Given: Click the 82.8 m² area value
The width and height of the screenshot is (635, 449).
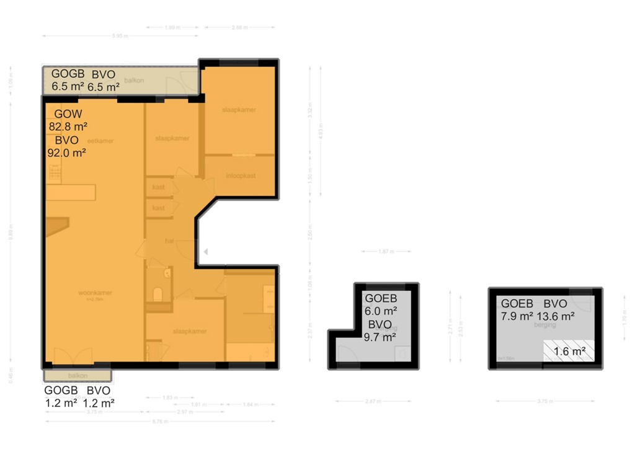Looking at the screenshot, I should click(67, 127).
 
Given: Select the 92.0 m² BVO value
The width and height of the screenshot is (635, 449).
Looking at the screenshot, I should click(67, 152).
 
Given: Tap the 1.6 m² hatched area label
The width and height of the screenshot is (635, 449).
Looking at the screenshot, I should click(569, 352).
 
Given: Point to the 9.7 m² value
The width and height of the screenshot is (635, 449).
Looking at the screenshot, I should click(381, 337).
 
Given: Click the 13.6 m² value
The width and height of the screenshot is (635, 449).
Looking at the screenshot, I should click(557, 316).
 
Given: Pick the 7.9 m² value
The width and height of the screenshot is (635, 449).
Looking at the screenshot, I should click(517, 316).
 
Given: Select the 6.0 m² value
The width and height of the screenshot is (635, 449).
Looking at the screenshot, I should click(381, 311).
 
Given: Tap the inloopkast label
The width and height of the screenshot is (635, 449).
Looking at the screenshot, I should click(241, 176).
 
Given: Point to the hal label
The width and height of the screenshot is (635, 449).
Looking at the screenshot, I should click(168, 241).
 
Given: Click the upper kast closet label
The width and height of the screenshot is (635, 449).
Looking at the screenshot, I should click(159, 187).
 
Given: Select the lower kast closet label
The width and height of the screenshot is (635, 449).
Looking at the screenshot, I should click(159, 208).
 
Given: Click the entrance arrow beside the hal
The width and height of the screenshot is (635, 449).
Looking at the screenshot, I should click(205, 251).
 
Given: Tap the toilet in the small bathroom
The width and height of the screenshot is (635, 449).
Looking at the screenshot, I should click(158, 294).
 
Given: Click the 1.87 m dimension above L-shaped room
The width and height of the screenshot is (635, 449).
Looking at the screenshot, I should click(386, 251).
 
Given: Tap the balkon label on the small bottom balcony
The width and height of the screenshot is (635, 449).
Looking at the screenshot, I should click(78, 376).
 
